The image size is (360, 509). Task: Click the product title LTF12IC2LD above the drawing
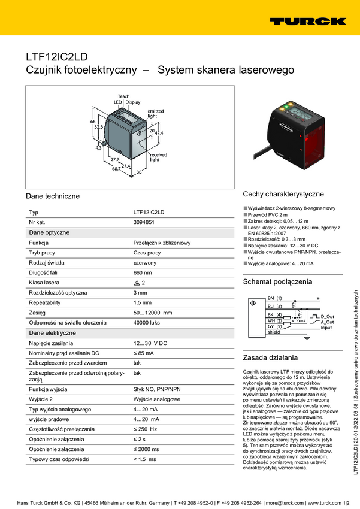tap(56, 57)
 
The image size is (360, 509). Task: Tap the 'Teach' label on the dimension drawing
tap(123, 96)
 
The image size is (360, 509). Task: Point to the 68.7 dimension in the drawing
tap(116, 169)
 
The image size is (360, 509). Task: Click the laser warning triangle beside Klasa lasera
tap(137, 283)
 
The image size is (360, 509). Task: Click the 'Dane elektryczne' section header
tap(53, 332)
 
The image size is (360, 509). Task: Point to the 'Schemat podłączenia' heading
tap(277, 281)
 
